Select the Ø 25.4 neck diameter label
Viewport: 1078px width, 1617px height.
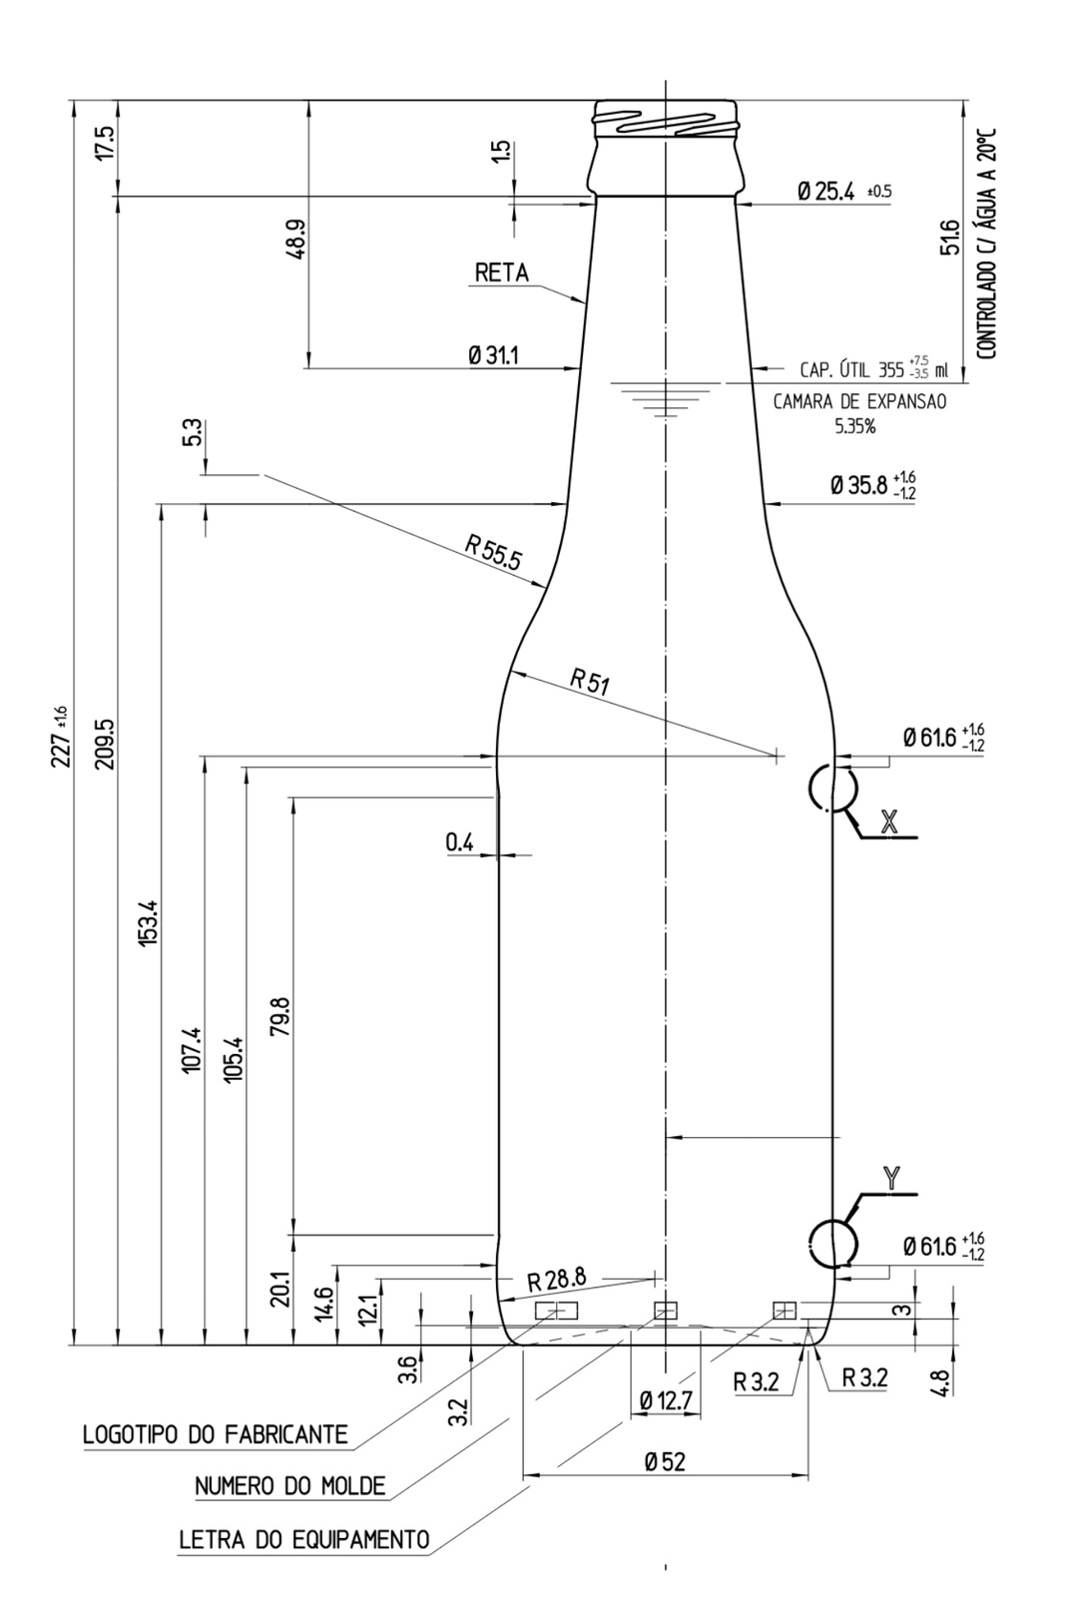coord(825,192)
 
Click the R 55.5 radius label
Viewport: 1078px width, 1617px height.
coord(493,551)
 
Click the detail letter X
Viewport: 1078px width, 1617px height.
coord(889,820)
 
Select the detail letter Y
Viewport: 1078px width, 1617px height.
coord(891,1178)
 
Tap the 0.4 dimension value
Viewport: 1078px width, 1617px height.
coord(460,842)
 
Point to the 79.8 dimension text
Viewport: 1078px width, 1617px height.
coord(280,1016)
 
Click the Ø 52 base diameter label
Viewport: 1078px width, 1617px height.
coord(665,1462)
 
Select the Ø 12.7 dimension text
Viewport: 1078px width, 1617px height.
coord(665,1401)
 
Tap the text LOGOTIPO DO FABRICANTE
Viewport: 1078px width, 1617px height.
coord(215,1435)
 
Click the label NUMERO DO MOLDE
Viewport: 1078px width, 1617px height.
coord(289,1486)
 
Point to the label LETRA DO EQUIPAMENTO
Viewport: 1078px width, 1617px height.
coord(304,1539)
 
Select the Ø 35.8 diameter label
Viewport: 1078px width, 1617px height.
coord(858,486)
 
